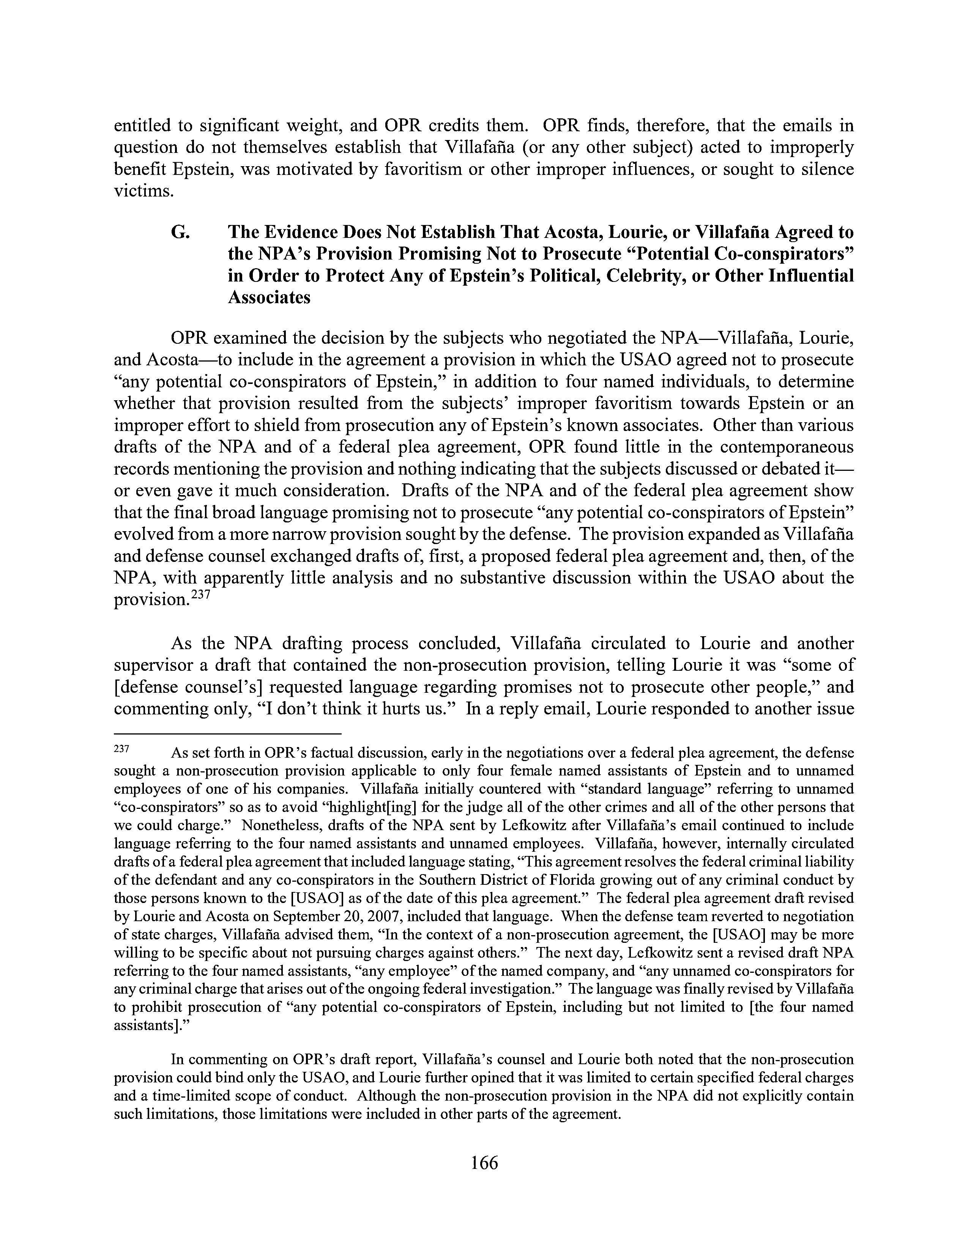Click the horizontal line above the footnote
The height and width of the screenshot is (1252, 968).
(x=228, y=733)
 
